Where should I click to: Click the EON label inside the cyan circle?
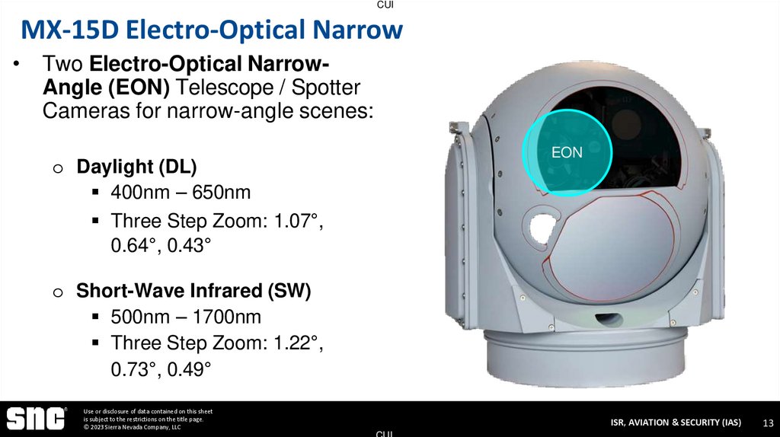pyautogui.click(x=567, y=152)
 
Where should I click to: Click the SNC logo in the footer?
pyautogui.click(x=37, y=418)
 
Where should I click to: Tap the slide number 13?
pyautogui.click(x=768, y=423)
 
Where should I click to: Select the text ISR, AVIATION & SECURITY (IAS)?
pyautogui.click(x=675, y=423)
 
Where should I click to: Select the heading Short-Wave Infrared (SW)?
pyautogui.click(x=193, y=291)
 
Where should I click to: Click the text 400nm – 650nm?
pyautogui.click(x=181, y=193)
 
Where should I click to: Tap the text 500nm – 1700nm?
pyautogui.click(x=186, y=317)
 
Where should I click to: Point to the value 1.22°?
pyautogui.click(x=298, y=343)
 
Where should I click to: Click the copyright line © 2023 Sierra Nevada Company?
pyautogui.click(x=133, y=427)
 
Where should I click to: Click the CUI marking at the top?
pyautogui.click(x=385, y=5)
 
